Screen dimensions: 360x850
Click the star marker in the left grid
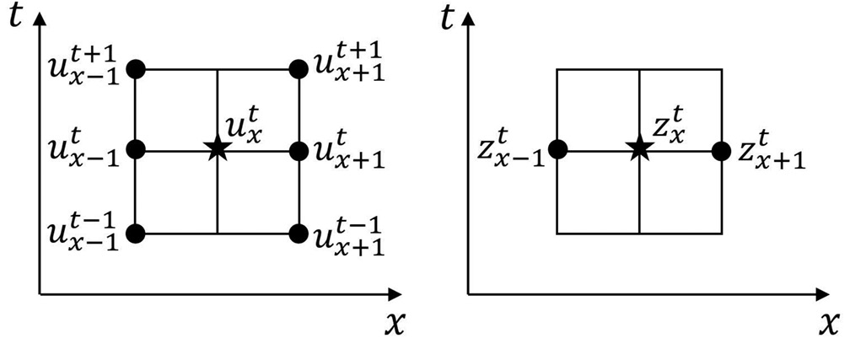(218, 150)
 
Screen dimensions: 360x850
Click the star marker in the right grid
(638, 150)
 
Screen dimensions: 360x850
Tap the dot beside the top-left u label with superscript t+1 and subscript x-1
(136, 69)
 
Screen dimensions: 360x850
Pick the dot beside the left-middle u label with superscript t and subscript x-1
(136, 151)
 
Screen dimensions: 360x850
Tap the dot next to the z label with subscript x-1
(557, 151)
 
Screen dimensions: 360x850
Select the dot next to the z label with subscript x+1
(721, 151)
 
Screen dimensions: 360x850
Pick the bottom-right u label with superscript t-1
(347, 235)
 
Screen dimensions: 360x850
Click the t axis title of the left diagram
(13, 17)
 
